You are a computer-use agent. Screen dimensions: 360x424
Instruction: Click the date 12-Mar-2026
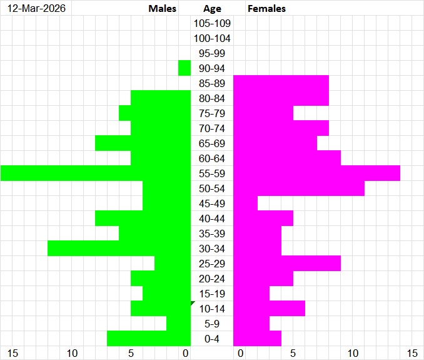pos(36,9)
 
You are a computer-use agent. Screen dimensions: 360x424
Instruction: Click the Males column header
pos(163,9)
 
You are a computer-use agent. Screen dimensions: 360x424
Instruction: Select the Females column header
pos(267,9)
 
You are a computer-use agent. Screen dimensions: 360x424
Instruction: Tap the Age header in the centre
pos(212,9)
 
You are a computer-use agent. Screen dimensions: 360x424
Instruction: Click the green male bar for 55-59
pos(95,173)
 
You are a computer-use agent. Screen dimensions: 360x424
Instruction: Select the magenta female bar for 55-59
pos(316,173)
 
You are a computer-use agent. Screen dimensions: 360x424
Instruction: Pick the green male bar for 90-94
pos(184,68)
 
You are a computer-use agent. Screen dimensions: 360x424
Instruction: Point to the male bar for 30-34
pos(119,249)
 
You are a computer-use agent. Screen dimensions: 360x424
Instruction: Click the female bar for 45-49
pos(245,203)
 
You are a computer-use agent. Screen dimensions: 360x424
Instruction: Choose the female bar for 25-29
pos(287,264)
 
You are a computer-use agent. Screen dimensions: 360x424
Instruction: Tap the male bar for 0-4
pos(148,339)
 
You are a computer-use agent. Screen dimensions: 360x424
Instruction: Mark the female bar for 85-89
pos(281,83)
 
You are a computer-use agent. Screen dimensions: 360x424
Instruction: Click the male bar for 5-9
pos(178,324)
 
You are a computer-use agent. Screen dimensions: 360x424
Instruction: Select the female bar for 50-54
pos(299,188)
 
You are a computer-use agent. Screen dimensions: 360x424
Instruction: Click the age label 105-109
pos(212,24)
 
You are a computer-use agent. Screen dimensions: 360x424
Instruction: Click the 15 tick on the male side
pos(13,354)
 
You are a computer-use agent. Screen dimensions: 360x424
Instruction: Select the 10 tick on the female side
pos(353,354)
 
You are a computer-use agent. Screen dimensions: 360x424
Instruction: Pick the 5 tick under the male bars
pos(131,354)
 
